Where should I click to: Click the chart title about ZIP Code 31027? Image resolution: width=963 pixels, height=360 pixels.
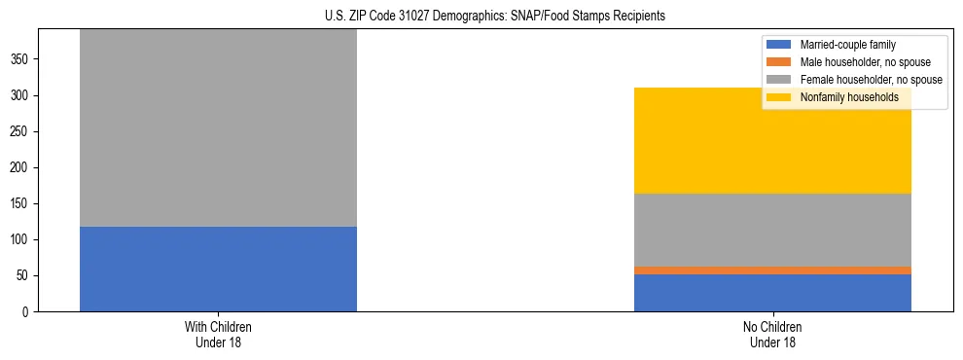point(495,17)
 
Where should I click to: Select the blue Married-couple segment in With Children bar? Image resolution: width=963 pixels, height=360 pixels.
point(218,269)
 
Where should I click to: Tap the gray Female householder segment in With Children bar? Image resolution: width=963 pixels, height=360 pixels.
point(218,127)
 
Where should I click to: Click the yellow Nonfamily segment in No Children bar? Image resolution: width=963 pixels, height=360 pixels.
point(772,141)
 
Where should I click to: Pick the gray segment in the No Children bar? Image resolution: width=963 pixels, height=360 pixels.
point(772,230)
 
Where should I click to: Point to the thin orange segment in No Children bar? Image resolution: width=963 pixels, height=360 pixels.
point(772,270)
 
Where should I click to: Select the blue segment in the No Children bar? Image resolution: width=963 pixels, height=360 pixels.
point(772,293)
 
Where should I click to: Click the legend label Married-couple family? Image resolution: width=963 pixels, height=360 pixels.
point(847,45)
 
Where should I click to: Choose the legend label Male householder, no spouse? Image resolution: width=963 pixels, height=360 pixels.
point(865,62)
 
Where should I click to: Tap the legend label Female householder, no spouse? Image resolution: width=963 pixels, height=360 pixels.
point(871,80)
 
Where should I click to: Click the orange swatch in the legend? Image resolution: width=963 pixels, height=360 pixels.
point(779,62)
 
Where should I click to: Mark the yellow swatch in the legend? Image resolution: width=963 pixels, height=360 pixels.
point(779,97)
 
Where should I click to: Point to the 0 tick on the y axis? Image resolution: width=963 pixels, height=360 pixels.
point(27,312)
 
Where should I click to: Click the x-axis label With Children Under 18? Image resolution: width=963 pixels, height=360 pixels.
point(218,335)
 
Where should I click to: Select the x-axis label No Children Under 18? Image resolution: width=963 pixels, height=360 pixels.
point(772,335)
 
